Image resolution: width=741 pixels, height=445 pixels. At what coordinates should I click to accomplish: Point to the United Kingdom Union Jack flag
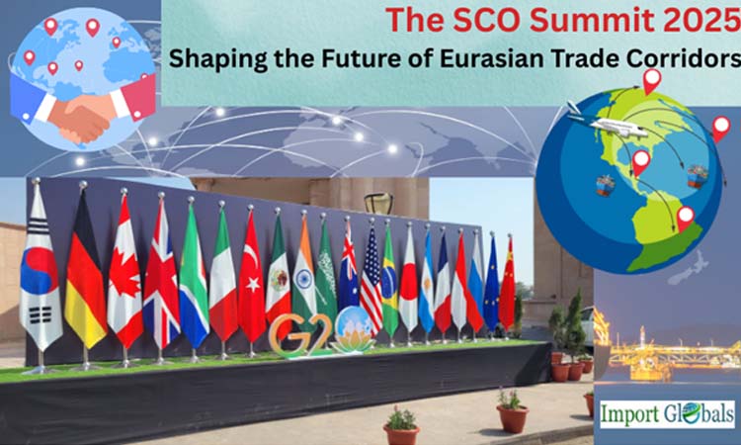(x=162, y=272)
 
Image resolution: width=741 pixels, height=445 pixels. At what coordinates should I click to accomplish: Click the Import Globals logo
(x=667, y=412)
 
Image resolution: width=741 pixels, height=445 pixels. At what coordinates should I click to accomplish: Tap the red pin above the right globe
(x=651, y=80)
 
